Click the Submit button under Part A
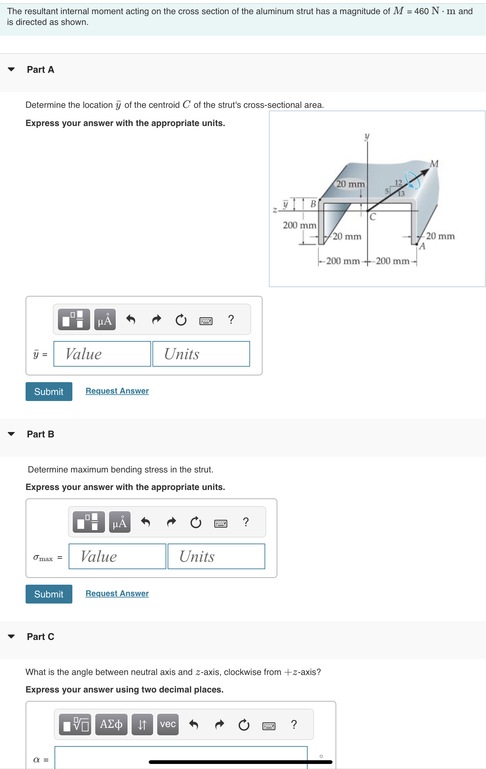point(49,392)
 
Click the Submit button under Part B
point(49,594)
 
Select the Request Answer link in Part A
point(117,391)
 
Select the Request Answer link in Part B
point(117,593)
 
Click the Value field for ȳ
point(102,354)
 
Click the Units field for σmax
point(216,556)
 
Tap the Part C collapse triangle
point(11,637)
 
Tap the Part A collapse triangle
point(11,69)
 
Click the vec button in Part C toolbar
point(168,724)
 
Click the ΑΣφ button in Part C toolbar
point(111,724)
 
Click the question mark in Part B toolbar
point(246,522)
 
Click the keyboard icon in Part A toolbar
point(206,320)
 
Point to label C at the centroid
point(373,217)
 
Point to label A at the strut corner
point(422,246)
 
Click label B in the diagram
point(313,204)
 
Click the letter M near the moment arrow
point(435,164)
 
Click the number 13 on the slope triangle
point(401,194)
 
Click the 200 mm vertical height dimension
point(299,225)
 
